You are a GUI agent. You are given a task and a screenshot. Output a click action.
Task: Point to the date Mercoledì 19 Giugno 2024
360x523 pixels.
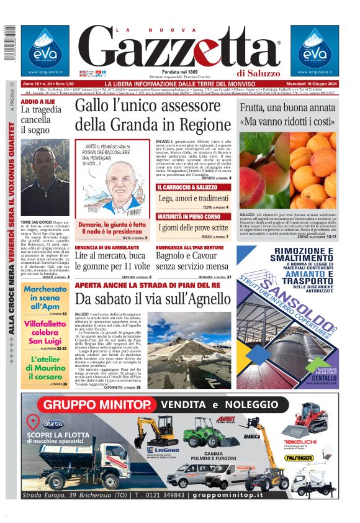click(308, 84)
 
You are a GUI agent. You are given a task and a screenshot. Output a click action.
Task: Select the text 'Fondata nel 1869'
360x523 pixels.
click(180, 71)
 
